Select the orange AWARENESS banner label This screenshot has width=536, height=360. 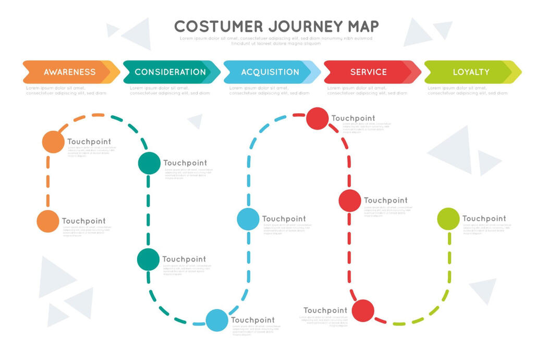tap(69, 72)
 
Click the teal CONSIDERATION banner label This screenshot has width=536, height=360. tap(170, 72)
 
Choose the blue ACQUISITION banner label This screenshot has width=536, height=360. tap(270, 72)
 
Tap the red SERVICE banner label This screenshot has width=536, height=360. tap(369, 72)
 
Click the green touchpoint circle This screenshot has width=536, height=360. tap(448, 219)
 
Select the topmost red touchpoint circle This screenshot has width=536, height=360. tap(317, 118)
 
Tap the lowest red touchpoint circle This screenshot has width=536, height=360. tap(363, 310)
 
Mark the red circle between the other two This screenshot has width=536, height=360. tap(350, 200)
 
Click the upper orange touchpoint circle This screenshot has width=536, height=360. tap(53, 142)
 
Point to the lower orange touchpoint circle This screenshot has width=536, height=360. tap(48, 221)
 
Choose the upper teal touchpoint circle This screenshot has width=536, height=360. tap(149, 163)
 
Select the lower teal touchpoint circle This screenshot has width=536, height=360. tap(148, 259)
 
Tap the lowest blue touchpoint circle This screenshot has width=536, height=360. tap(217, 320)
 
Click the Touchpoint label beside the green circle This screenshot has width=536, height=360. tap(484, 219)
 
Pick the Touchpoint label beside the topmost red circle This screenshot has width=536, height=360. tap(353, 118)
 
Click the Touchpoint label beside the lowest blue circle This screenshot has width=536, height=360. tap(253, 320)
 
